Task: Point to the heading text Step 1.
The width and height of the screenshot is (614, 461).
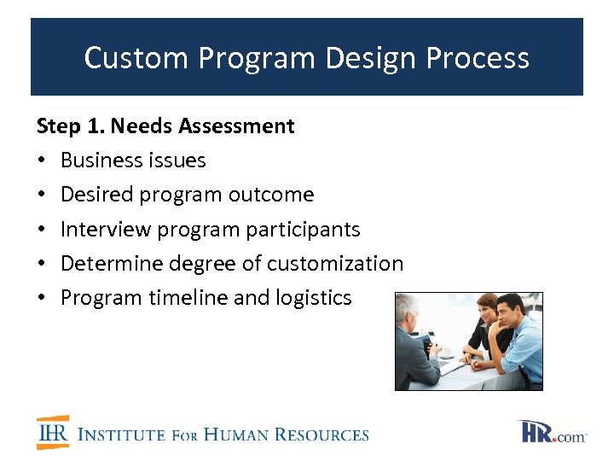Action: coord(71,126)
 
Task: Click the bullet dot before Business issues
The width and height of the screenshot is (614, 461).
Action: coord(42,161)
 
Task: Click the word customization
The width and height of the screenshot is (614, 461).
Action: coord(335,264)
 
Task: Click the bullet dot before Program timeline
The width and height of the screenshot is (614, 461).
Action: coord(42,299)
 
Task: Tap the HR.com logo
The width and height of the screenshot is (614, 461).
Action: coord(552,432)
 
